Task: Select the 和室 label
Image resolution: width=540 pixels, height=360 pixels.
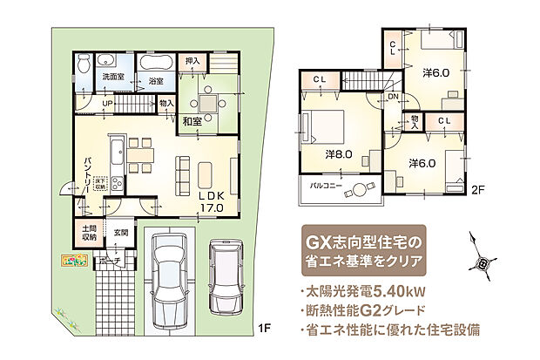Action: pyautogui.click(x=193, y=121)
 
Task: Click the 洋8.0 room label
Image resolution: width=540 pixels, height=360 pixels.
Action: pyautogui.click(x=339, y=154)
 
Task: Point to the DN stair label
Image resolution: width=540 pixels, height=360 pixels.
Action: pyautogui.click(x=393, y=96)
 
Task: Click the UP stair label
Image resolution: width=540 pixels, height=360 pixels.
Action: pyautogui.click(x=108, y=103)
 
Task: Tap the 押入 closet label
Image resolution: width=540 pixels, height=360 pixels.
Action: pyautogui.click(x=192, y=61)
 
